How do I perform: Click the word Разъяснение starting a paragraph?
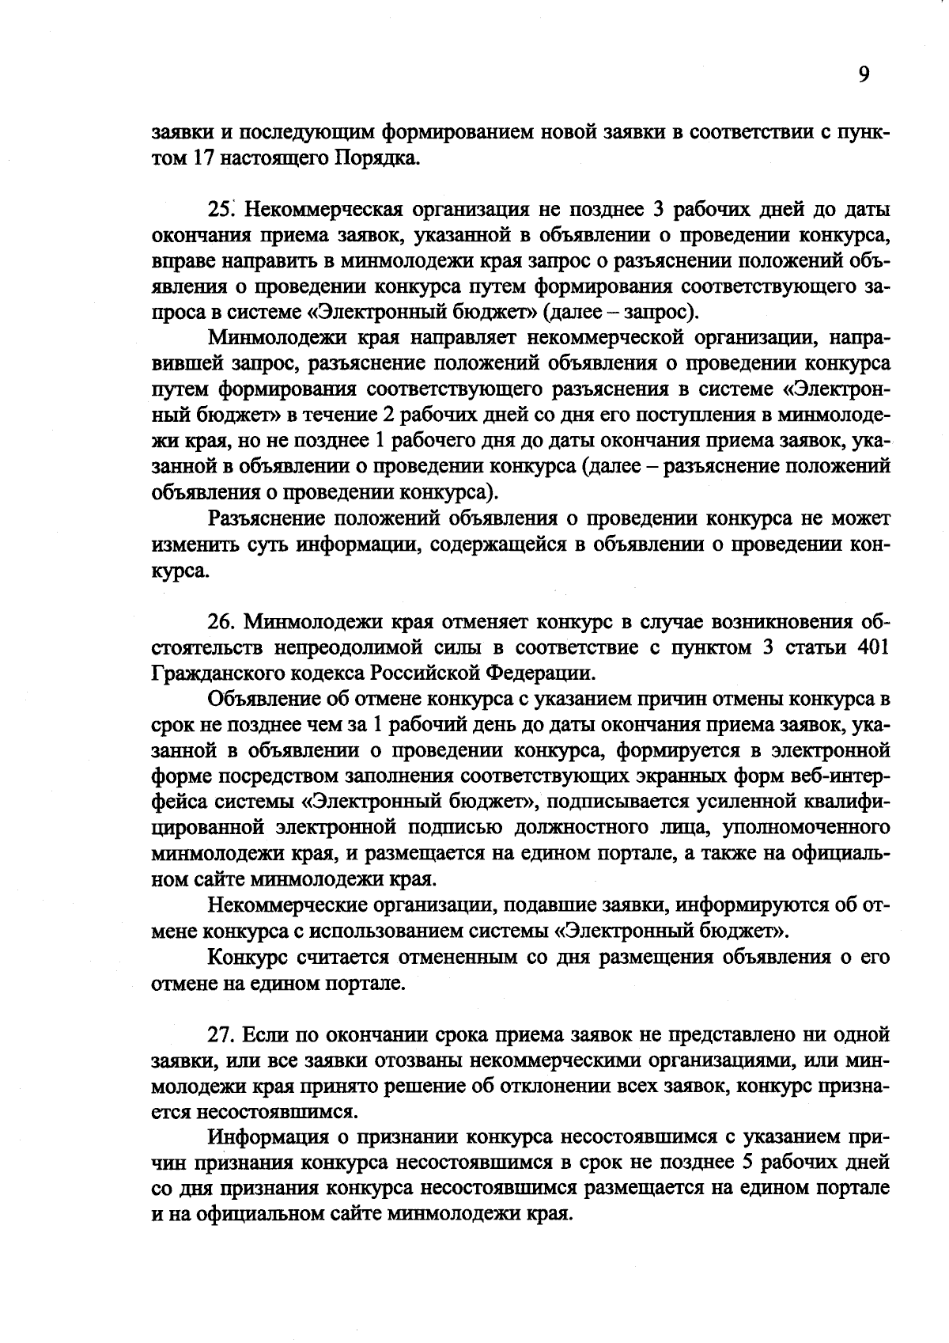(267, 518)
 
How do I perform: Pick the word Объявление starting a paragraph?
(266, 699)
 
